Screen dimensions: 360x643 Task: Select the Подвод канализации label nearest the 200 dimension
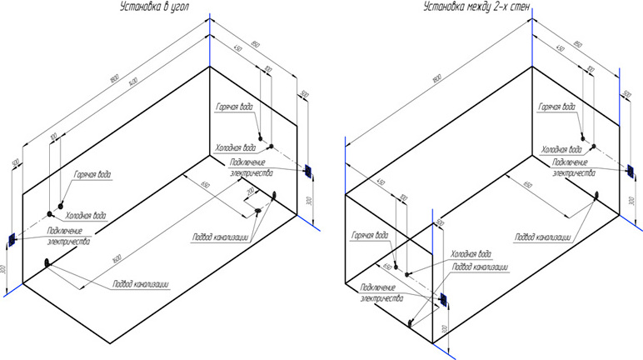(x=220, y=236)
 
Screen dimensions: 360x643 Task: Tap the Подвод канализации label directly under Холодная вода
(x=480, y=266)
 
